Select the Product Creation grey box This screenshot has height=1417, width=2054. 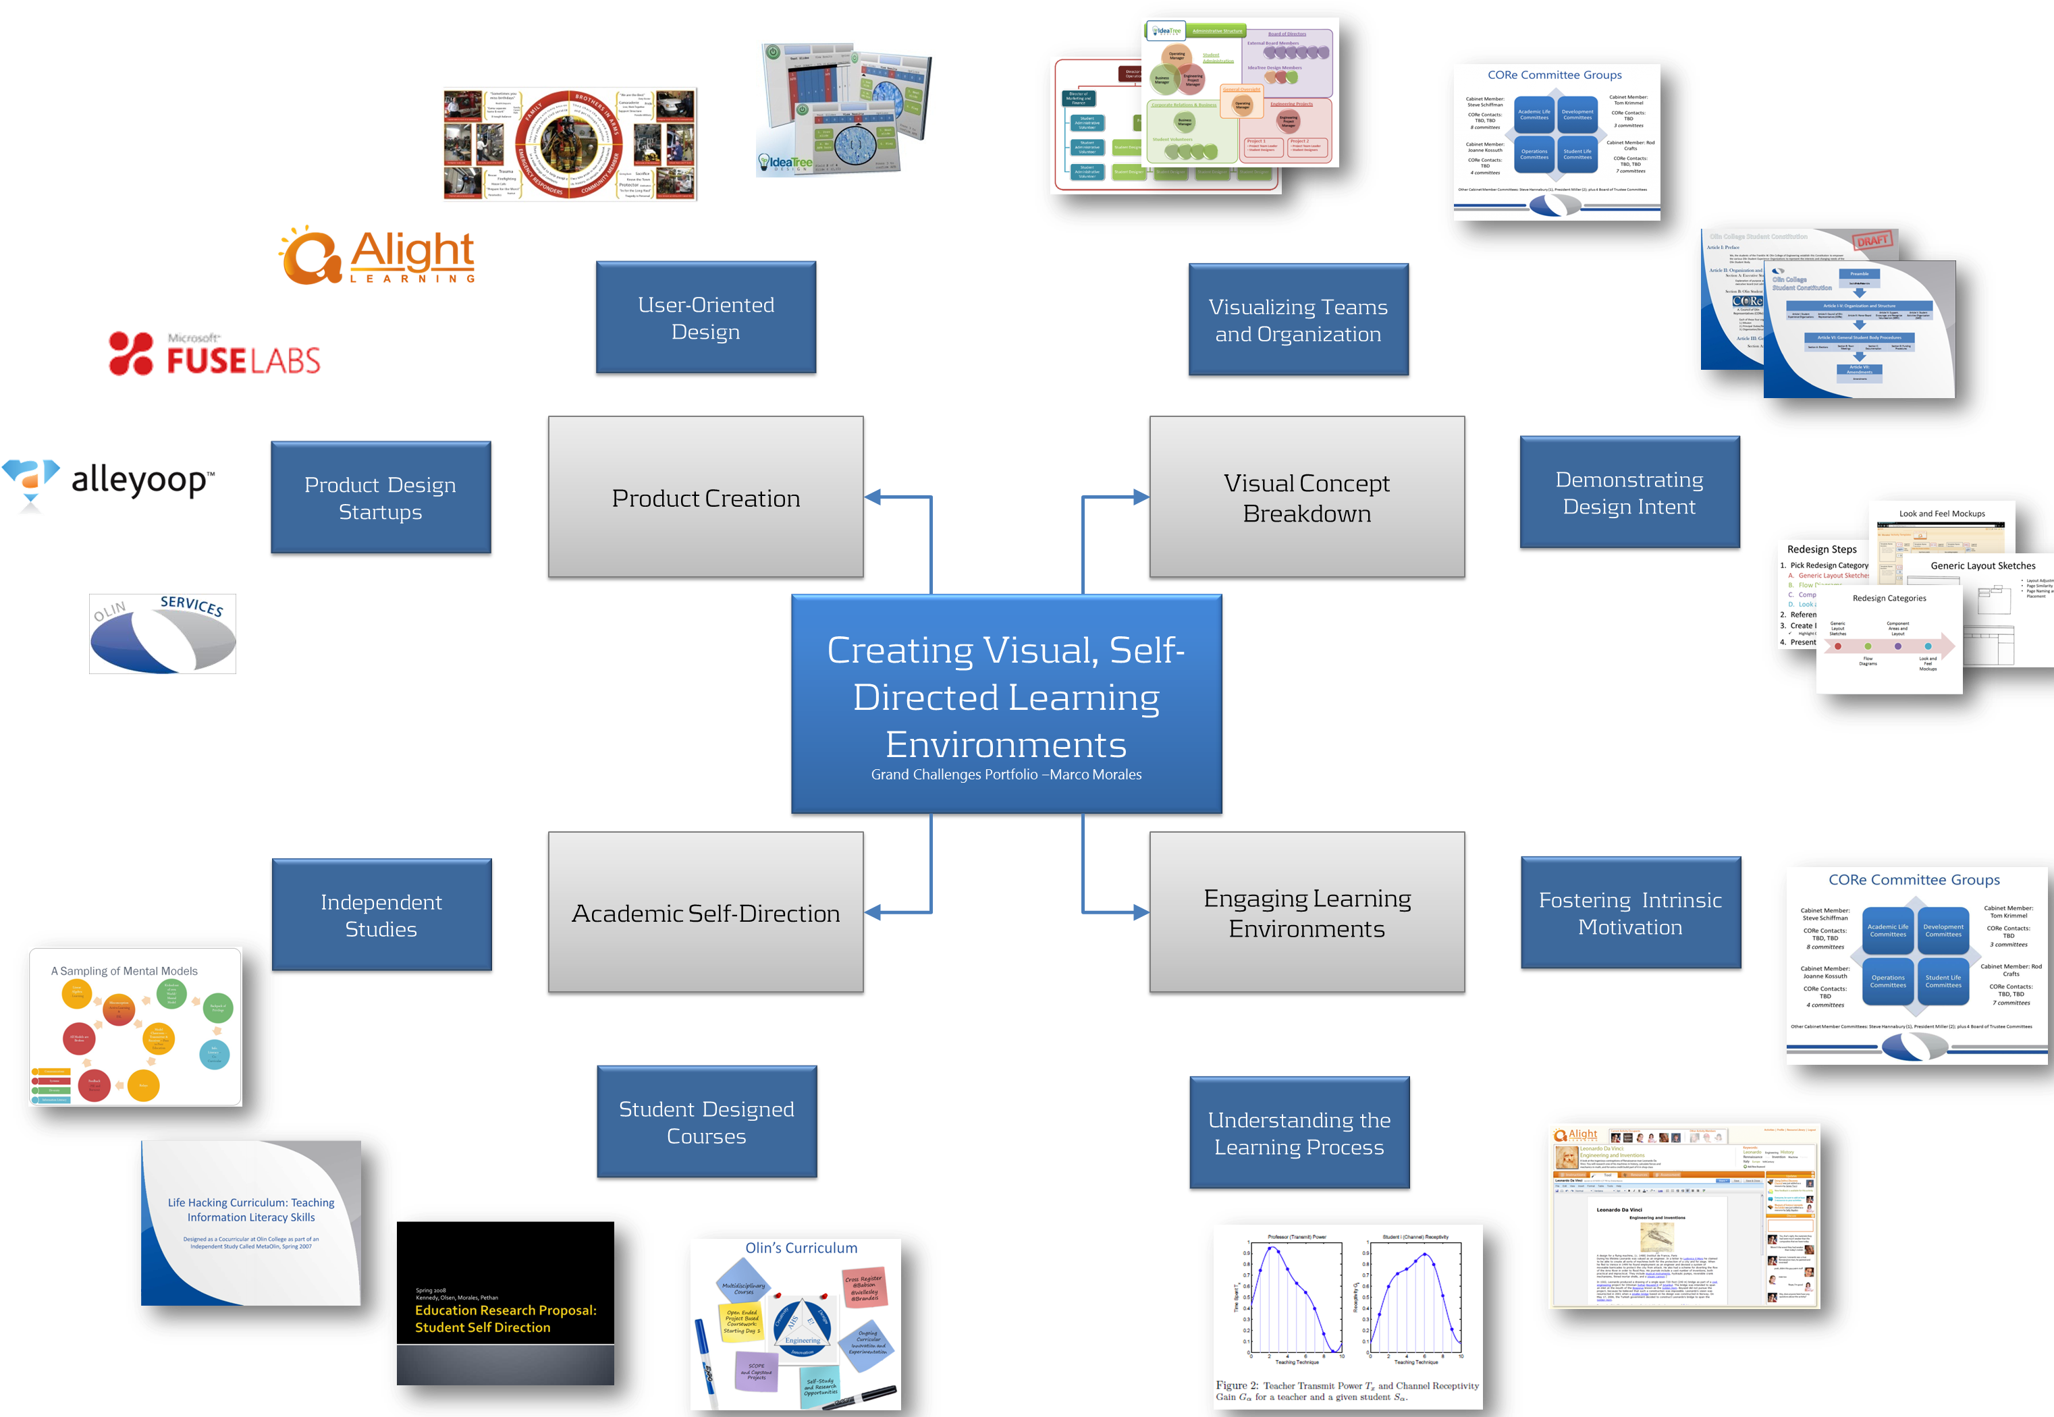click(705, 497)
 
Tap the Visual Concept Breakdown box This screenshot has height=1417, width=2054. click(1306, 497)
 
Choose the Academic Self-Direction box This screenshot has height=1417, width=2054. click(705, 912)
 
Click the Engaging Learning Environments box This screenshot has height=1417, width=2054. click(1306, 912)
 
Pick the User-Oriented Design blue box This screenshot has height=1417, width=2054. click(705, 317)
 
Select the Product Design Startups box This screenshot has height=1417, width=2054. click(380, 497)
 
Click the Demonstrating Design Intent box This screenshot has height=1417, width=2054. click(1629, 492)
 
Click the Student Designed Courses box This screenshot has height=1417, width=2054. click(706, 1121)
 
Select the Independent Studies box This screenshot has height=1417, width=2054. click(381, 914)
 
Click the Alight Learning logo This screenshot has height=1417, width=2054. click(378, 256)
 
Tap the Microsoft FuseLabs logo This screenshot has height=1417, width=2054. click(214, 354)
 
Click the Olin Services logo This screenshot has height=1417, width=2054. click(163, 634)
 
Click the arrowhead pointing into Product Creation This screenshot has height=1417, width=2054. click(873, 497)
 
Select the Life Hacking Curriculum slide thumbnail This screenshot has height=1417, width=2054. click(250, 1223)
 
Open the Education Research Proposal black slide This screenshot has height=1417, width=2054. click(506, 1302)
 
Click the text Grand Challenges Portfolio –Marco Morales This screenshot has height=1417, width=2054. click(1006, 774)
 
